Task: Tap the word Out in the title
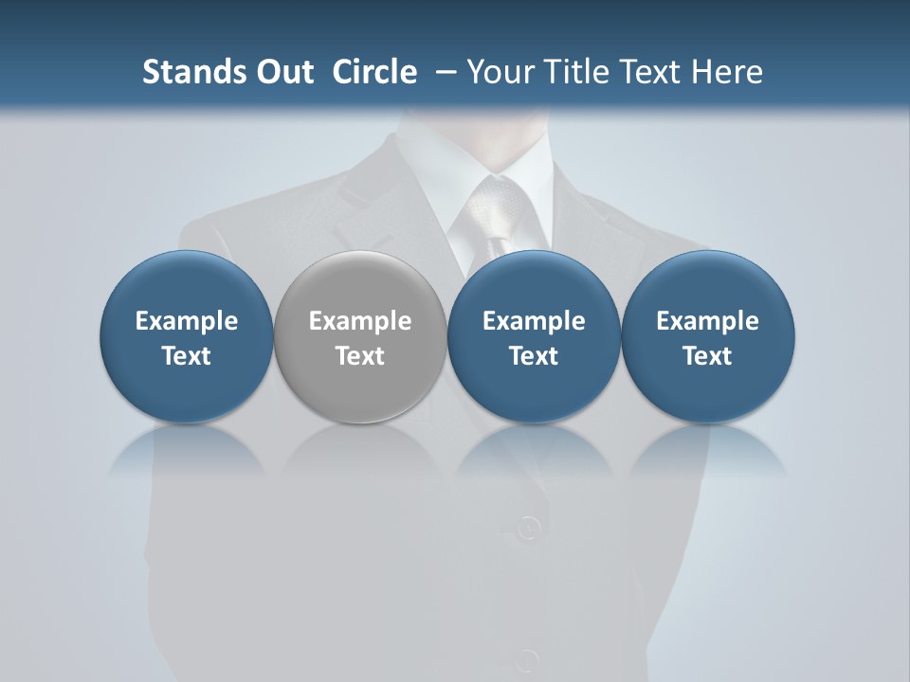click(x=282, y=72)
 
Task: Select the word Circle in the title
click(x=374, y=72)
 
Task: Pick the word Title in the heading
click(x=577, y=72)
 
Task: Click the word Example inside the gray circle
click(x=360, y=321)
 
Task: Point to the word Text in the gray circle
click(x=360, y=356)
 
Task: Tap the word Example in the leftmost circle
click(x=186, y=321)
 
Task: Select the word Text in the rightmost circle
click(x=708, y=356)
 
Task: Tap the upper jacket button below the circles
click(x=529, y=527)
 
